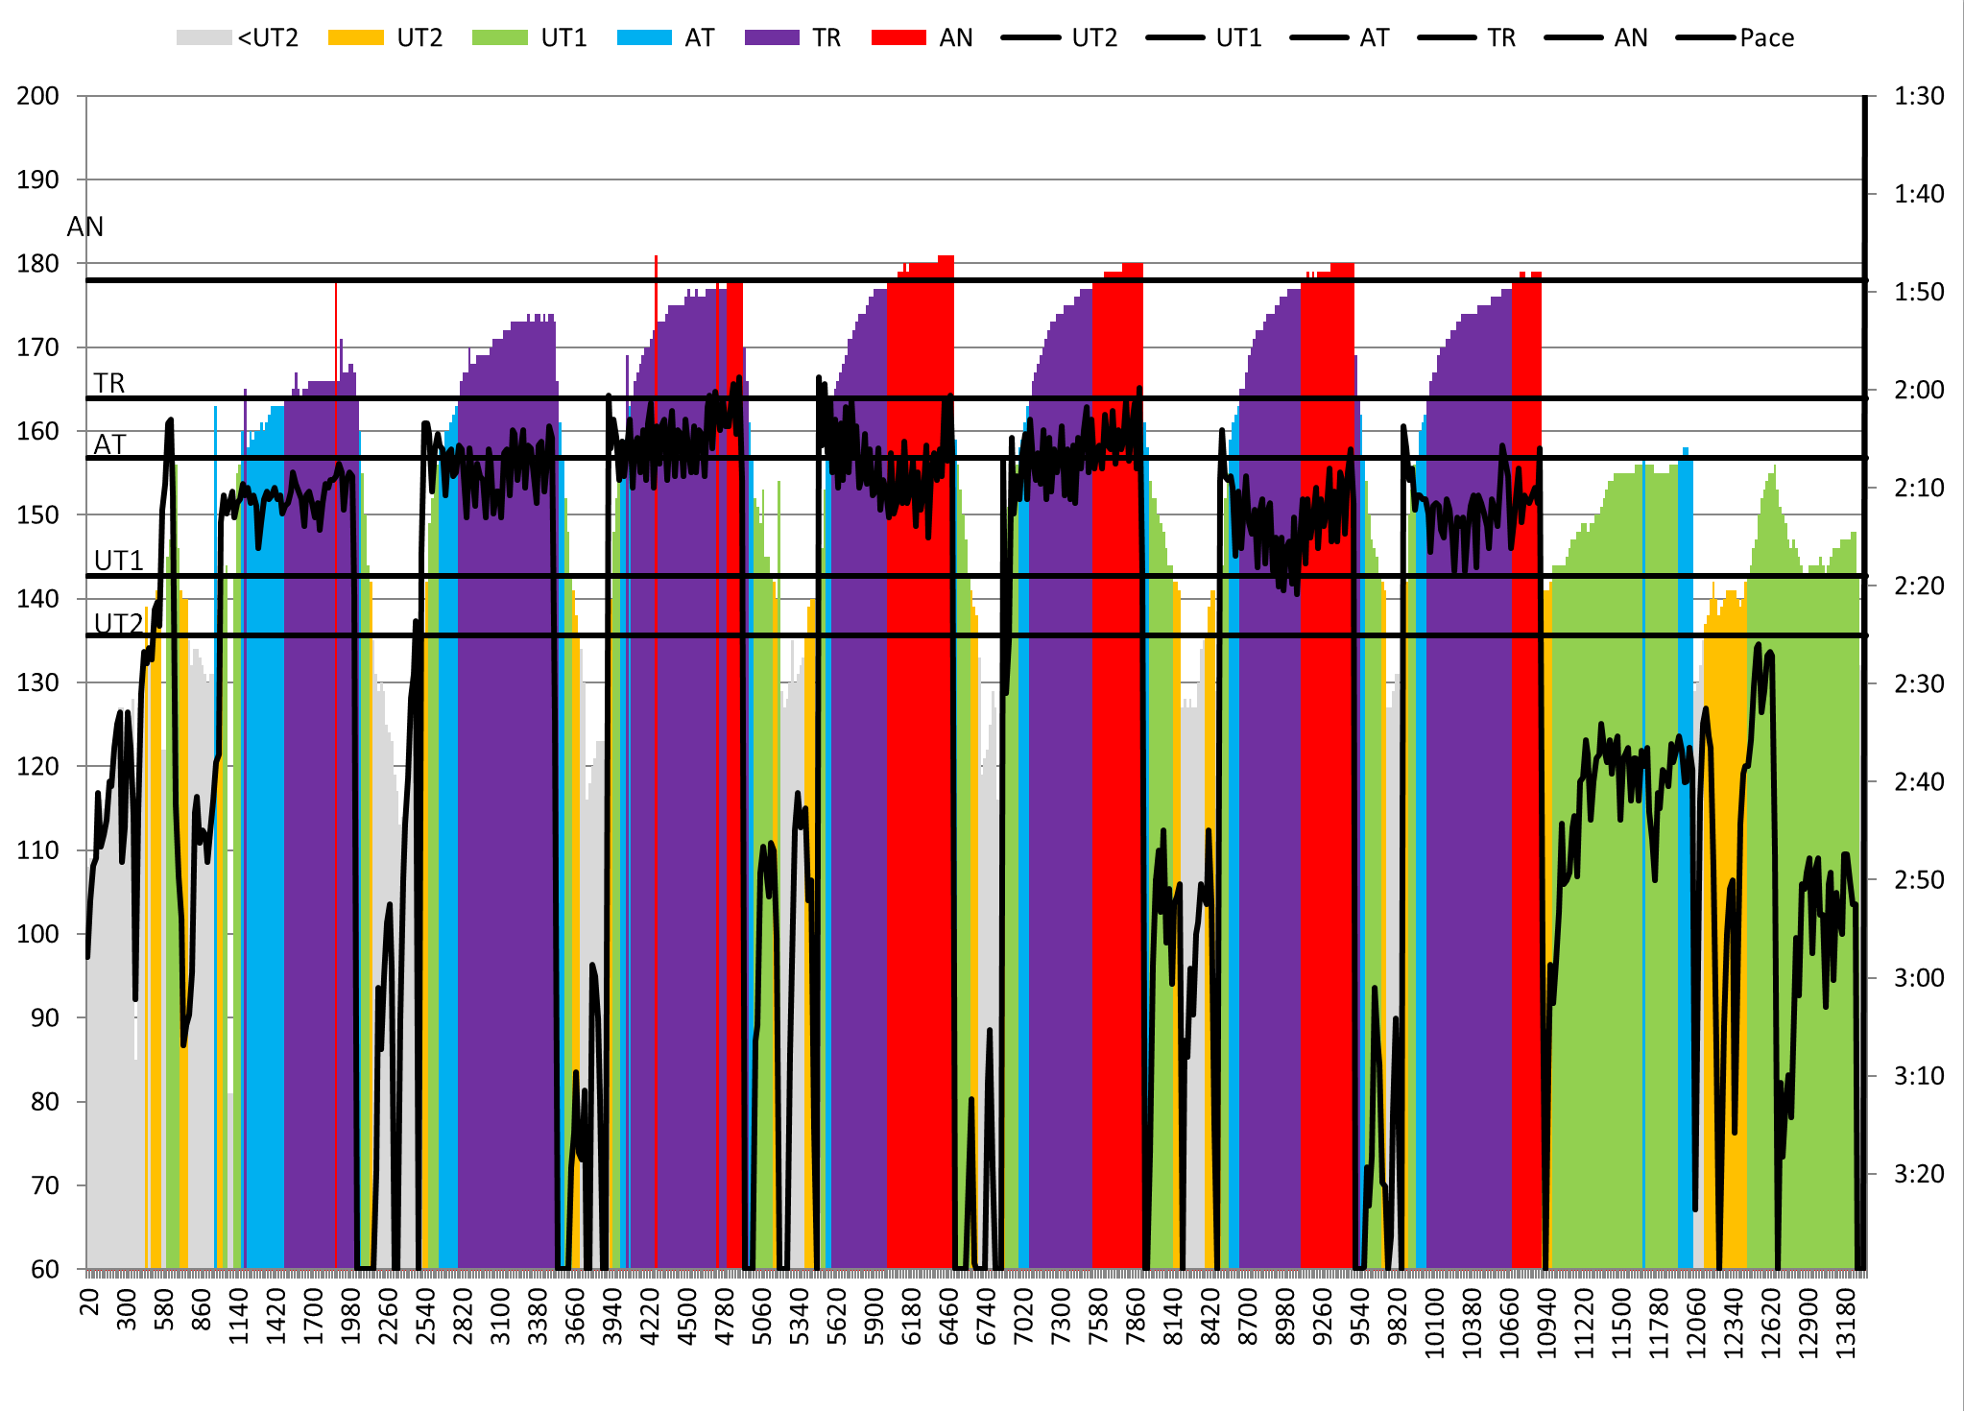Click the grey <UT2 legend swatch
coord(204,37)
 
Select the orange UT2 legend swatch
coord(355,37)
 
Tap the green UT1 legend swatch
coord(499,37)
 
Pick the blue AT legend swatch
coord(644,37)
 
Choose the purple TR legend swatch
coord(771,37)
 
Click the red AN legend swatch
coord(898,37)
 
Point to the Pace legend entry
coord(1766,37)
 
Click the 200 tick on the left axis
coord(37,96)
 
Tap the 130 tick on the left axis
coord(37,682)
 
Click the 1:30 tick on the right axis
coord(1918,96)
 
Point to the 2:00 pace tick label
coord(1918,390)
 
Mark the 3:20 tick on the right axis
coord(1918,1173)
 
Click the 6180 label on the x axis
coord(911,1316)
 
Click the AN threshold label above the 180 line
coord(85,227)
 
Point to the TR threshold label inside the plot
coord(108,383)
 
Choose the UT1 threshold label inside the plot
coord(118,560)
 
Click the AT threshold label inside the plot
coord(109,444)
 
